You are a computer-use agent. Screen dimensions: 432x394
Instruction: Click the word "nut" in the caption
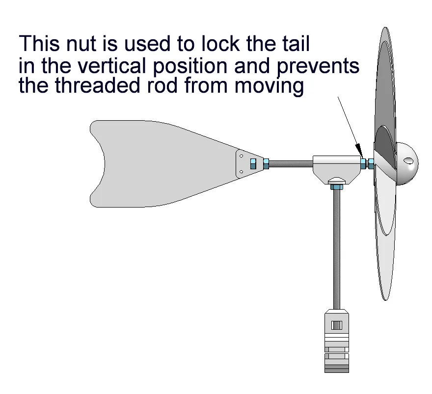[81, 44]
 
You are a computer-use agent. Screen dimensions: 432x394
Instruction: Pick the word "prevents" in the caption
[318, 67]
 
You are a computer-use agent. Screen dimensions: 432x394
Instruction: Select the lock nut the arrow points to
[364, 164]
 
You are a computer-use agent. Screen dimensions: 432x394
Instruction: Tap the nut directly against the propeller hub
[371, 164]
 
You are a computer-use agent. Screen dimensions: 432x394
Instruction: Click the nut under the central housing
[336, 187]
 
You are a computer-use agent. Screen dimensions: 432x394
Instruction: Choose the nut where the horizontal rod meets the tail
[266, 164]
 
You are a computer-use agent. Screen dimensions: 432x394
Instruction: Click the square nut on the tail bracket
[253, 164]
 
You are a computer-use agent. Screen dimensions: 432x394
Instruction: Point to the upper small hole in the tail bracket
[242, 156]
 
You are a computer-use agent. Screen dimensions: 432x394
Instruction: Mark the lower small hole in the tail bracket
[242, 172]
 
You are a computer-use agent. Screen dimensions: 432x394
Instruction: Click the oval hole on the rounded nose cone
[408, 160]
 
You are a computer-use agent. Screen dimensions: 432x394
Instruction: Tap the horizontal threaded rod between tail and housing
[291, 164]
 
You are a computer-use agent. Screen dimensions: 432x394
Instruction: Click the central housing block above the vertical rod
[337, 170]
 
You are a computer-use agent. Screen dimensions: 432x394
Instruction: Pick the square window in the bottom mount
[337, 325]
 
